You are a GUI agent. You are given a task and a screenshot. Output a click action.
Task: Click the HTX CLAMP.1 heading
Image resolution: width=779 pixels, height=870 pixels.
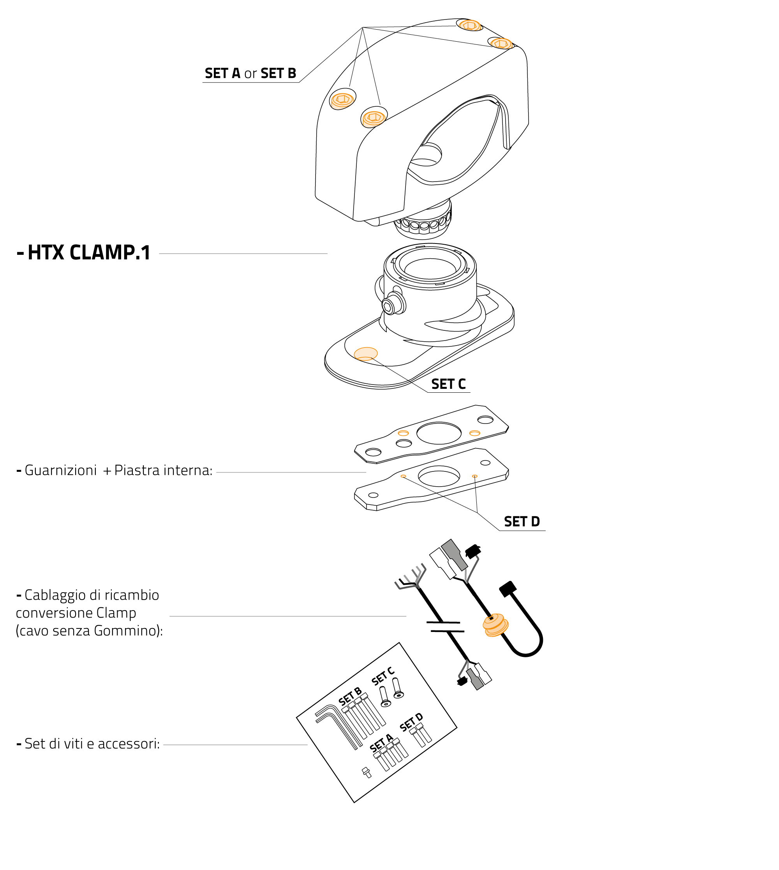pyautogui.click(x=88, y=252)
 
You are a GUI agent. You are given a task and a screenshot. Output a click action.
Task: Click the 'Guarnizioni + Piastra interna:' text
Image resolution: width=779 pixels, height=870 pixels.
pyautogui.click(x=118, y=470)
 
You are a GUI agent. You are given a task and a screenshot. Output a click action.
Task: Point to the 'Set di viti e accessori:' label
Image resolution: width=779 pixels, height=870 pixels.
pyautogui.click(x=92, y=743)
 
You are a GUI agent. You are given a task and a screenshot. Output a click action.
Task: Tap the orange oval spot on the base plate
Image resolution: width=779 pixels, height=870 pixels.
pyautogui.click(x=365, y=354)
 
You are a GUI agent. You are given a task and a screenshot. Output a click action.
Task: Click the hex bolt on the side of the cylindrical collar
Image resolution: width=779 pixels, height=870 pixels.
pyautogui.click(x=388, y=306)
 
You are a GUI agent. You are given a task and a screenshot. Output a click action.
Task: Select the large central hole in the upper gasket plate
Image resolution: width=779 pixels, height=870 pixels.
pyautogui.click(x=439, y=433)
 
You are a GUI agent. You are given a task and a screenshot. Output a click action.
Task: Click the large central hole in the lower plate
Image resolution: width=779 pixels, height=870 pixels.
pyautogui.click(x=439, y=476)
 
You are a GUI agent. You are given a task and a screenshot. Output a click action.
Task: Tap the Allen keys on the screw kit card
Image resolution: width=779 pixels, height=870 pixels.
pyautogui.click(x=338, y=728)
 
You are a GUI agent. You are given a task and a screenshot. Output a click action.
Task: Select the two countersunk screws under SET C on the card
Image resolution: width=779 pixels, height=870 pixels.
pyautogui.click(x=391, y=694)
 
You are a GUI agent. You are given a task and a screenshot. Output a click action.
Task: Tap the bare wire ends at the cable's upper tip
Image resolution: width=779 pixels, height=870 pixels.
pyautogui.click(x=411, y=578)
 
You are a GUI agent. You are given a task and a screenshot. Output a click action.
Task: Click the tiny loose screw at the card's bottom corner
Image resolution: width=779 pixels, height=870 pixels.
pyautogui.click(x=367, y=772)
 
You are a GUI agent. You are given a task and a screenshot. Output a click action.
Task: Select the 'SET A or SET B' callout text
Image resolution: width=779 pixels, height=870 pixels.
pyautogui.click(x=250, y=73)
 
